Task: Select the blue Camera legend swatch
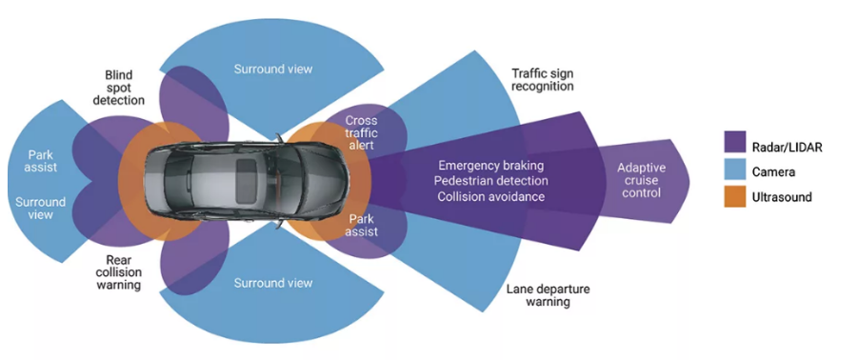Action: (x=736, y=170)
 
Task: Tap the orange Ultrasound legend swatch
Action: (x=736, y=196)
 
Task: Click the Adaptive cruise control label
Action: (x=639, y=180)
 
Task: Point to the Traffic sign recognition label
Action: (x=542, y=79)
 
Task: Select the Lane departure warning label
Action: (x=549, y=295)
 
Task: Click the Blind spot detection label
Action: (x=119, y=87)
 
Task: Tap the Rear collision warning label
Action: (x=119, y=272)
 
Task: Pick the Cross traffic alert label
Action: (x=361, y=132)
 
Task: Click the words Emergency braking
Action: (x=492, y=165)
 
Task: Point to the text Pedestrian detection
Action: (x=491, y=180)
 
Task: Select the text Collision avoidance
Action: (x=490, y=196)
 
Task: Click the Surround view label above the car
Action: (x=273, y=69)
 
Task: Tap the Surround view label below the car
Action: (x=273, y=283)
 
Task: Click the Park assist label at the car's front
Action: (x=361, y=226)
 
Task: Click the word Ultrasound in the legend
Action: (x=783, y=197)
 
